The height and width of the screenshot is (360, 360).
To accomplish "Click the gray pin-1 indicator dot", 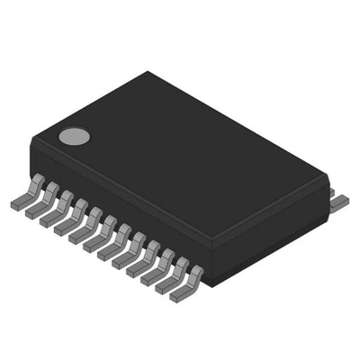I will pos(76,137).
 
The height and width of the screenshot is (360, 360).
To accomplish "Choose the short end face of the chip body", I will pos(270,229).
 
